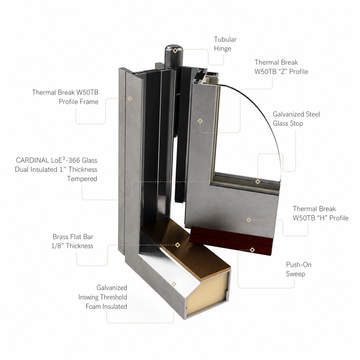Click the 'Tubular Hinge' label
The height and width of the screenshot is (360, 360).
tap(225, 44)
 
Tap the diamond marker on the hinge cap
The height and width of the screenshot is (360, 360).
tap(175, 51)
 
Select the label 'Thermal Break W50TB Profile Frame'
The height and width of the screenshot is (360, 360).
tap(65, 97)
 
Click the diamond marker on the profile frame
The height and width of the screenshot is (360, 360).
tap(130, 98)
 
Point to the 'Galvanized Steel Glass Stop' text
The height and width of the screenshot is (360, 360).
tap(297, 119)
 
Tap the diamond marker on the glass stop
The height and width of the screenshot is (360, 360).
tap(258, 181)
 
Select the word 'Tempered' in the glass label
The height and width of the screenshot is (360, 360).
tap(82, 179)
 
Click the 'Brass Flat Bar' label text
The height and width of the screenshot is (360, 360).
tap(73, 237)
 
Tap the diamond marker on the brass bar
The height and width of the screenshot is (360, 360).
tap(177, 245)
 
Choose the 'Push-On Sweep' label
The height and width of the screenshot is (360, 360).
tap(299, 269)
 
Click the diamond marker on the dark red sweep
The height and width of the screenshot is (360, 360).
tap(252, 250)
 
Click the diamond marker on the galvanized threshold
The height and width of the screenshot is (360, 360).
tap(174, 284)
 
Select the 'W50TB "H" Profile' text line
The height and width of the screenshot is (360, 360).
tap(321, 218)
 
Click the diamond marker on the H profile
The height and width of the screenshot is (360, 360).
tap(249, 220)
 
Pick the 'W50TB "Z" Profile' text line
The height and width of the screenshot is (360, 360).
tap(281, 71)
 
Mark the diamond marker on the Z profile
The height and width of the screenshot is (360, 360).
tap(200, 121)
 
